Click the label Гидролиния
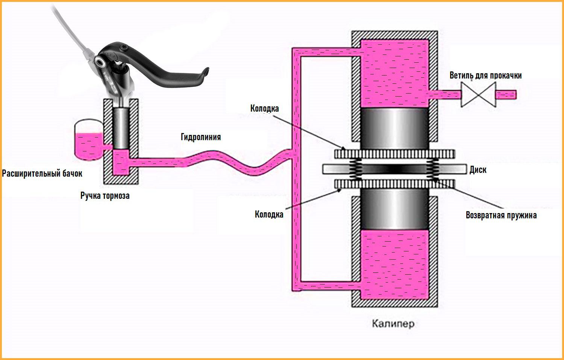[201, 137]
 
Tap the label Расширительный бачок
[42, 174]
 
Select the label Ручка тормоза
[105, 196]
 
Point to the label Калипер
[393, 323]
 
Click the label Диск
[478, 170]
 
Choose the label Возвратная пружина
[501, 215]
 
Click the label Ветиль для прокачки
[485, 76]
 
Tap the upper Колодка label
[265, 109]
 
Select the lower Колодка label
[269, 215]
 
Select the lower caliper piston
[394, 209]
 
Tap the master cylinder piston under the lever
[121, 128]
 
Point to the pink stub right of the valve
[506, 94]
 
